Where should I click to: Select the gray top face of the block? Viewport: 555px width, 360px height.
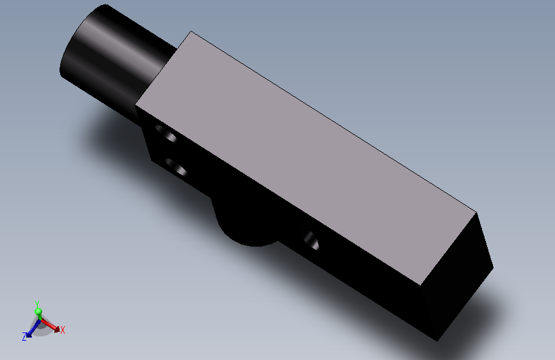306,158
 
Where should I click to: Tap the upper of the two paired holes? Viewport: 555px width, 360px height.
166,133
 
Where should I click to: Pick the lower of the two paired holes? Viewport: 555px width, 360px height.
176,167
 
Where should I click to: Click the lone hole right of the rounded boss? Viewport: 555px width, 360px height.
312,241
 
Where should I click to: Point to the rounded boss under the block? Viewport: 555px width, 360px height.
248,223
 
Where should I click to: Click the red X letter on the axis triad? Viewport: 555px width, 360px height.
63,331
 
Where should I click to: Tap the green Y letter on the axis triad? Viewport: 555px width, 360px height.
37,304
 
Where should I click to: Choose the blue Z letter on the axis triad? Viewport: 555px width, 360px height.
24,336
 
